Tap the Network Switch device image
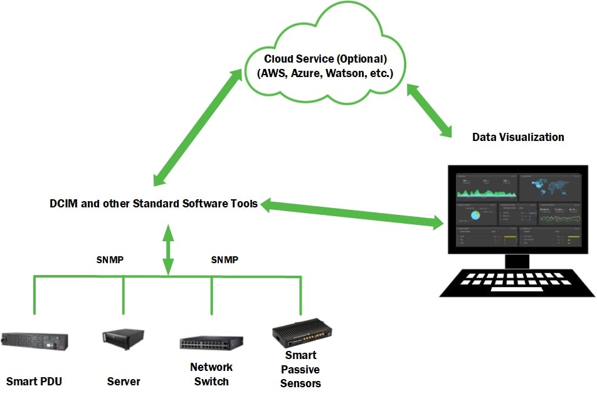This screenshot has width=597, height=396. pyautogui.click(x=211, y=343)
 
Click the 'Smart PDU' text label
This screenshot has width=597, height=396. pyautogui.click(x=34, y=381)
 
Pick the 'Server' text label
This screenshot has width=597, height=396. pyautogui.click(x=124, y=381)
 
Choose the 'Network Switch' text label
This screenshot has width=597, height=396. pyautogui.click(x=211, y=374)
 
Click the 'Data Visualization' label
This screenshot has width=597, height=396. pyautogui.click(x=518, y=137)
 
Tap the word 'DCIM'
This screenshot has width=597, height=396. pyautogui.click(x=63, y=204)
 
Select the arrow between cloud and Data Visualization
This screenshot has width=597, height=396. pyautogui.click(x=430, y=110)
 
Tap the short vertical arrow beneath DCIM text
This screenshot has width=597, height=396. pyautogui.click(x=167, y=249)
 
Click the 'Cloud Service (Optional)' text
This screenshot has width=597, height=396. pyautogui.click(x=325, y=59)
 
